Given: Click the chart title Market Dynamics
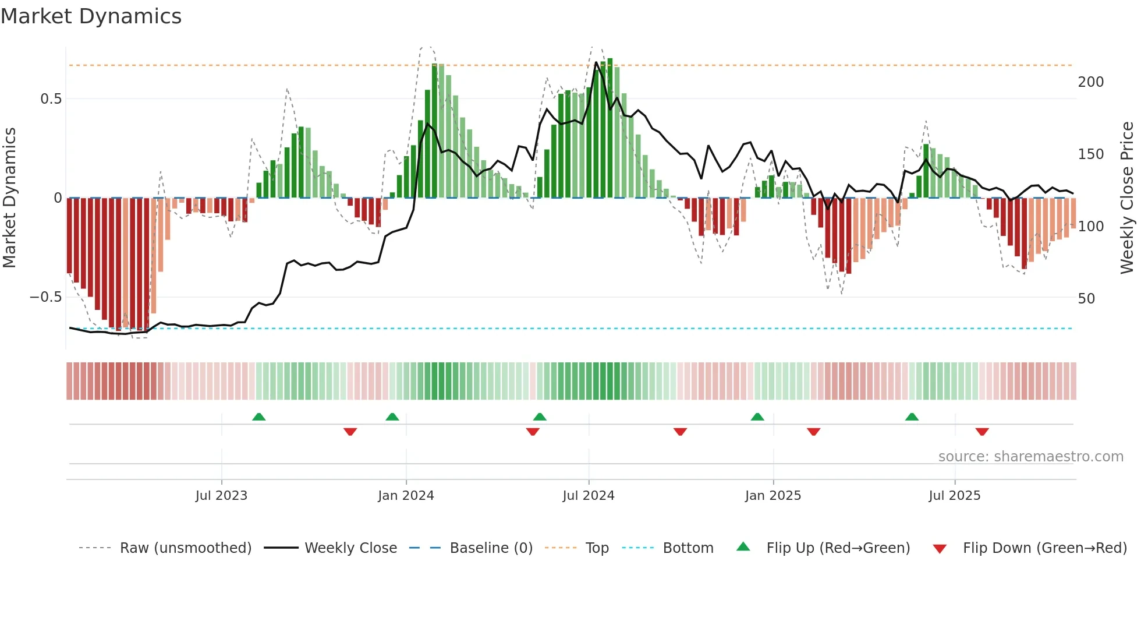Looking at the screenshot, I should coord(91,16).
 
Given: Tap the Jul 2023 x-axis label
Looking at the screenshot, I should coord(221,496).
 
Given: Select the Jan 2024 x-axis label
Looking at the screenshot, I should coord(406,496).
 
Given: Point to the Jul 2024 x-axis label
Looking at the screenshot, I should coord(589,496).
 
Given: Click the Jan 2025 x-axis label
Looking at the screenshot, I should coord(773,496).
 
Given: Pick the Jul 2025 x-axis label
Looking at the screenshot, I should coord(955,496).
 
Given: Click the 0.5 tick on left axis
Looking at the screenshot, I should coord(51,99).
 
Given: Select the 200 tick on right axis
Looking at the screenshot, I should coord(1090,82).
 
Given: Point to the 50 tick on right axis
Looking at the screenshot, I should coord(1086,299).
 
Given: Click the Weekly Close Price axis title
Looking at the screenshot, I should coord(1127,198).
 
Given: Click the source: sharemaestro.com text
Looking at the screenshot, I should coord(1030,457).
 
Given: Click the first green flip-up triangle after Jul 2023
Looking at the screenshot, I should coord(259,417).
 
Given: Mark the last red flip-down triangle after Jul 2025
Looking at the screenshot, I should coord(982,432).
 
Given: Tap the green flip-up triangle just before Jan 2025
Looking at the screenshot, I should coord(757,417).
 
